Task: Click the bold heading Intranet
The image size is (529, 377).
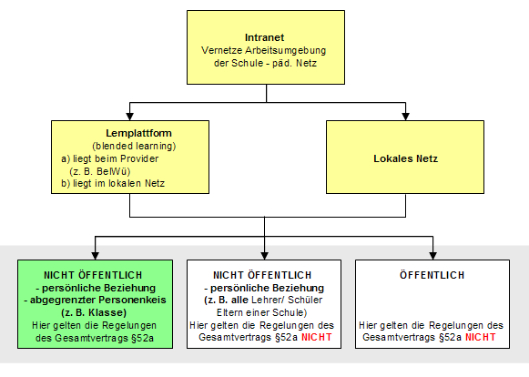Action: coord(264,37)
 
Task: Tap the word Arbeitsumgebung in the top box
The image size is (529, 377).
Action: coord(285,51)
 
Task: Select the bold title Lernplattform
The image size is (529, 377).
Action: coord(138,133)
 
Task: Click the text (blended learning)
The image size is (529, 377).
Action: coord(134,146)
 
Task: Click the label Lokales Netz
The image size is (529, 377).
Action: coord(405,158)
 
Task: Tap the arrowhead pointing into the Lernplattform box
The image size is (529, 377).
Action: coord(129,116)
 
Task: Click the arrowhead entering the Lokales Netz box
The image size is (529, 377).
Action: coord(405,116)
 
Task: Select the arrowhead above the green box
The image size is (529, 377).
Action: coord(95,256)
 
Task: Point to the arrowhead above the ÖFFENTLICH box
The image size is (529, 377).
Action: coord(432,256)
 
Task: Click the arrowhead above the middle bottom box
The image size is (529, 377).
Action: coord(264,256)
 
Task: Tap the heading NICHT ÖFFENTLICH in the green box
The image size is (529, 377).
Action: coord(93,275)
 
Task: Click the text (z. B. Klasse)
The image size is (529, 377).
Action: coord(94,313)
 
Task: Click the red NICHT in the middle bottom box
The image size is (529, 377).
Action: coord(317,337)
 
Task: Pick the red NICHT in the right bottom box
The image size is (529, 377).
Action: coord(481,337)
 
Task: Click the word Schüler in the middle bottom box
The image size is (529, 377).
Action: coord(305,300)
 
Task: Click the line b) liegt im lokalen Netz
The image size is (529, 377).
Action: coord(113,184)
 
